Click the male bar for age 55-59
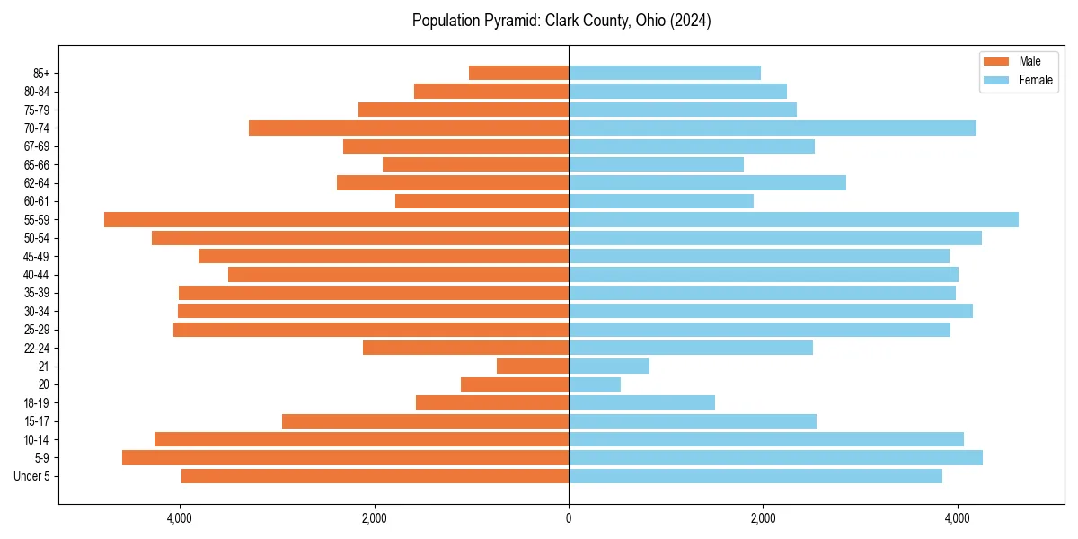tap(336, 219)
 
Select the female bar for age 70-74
tap(773, 128)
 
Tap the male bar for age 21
tap(533, 366)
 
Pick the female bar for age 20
tap(595, 384)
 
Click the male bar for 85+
tap(518, 73)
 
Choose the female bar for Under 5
tap(755, 476)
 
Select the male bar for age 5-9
tap(345, 457)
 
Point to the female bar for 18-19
tap(641, 402)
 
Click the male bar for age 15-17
tap(425, 421)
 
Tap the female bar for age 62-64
tap(707, 182)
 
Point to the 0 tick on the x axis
tap(569, 518)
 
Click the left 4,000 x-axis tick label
tap(180, 518)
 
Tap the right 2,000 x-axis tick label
tap(763, 518)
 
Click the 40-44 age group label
tap(37, 275)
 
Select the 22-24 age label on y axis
tap(37, 348)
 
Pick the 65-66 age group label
tap(37, 164)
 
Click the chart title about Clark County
tap(561, 21)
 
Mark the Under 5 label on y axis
tap(32, 476)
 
